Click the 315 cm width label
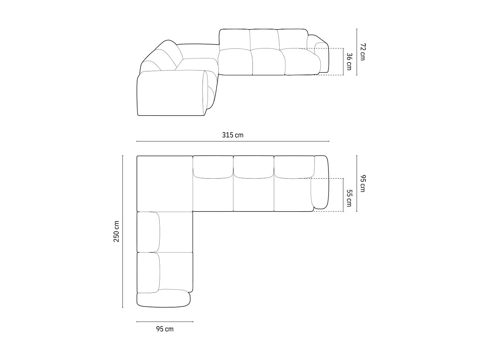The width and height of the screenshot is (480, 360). pos(233,135)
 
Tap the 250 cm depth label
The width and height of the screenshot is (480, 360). pos(116,231)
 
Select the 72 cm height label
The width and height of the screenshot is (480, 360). pos(362,52)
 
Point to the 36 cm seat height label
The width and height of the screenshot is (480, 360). pos(349,61)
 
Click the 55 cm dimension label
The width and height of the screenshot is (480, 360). pos(349,198)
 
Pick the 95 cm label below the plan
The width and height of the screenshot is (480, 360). pos(165,329)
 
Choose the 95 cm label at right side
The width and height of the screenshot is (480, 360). pos(362,183)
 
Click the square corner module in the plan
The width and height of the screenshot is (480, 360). pos(165,183)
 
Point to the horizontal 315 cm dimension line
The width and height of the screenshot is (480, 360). pos(233,141)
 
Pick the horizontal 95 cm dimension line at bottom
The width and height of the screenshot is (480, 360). pos(165,322)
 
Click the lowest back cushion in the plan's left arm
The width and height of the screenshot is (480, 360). pos(148,272)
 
